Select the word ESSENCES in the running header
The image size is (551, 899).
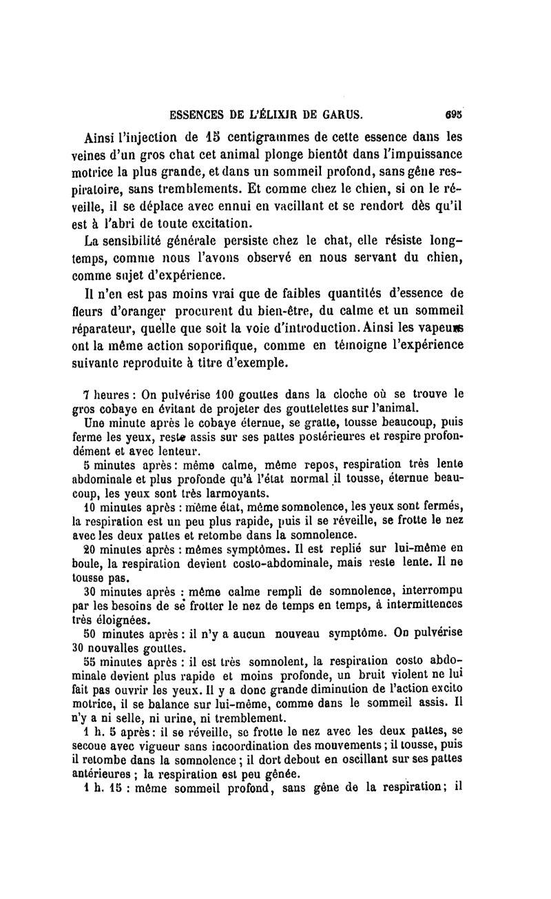[190, 113]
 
